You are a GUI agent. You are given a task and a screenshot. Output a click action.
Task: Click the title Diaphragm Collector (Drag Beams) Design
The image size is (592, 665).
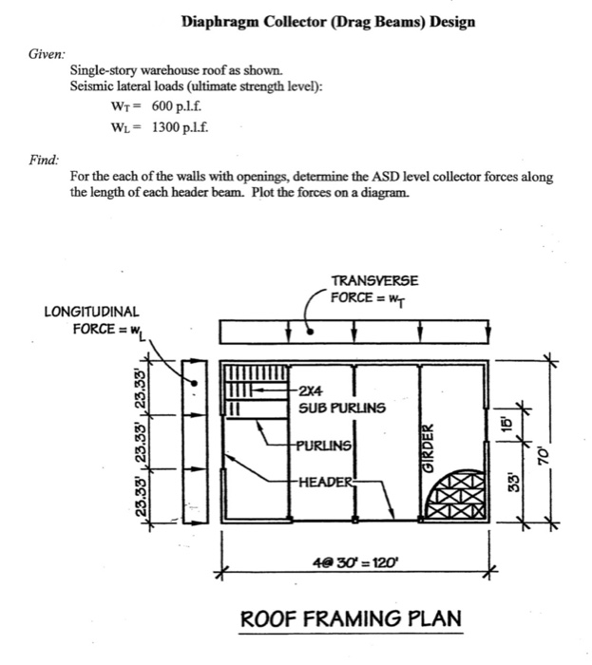pos(328,21)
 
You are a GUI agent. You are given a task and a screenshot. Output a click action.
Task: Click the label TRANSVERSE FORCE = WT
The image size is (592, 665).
pos(373,288)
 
